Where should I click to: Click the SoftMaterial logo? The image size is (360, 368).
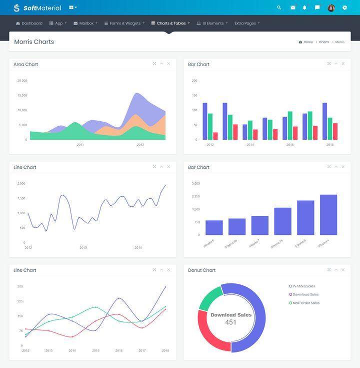coord(37,8)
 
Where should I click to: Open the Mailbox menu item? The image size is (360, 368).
coord(85,24)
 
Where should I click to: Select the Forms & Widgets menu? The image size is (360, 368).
coord(124,24)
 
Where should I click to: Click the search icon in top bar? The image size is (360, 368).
coord(279,8)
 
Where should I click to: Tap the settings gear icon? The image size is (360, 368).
coord(344,8)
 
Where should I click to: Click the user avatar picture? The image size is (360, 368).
coord(331,8)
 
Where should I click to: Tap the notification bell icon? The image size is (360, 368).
coord(304,8)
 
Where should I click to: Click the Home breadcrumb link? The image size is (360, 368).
coord(308,42)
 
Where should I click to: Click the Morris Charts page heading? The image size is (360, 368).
coord(34,42)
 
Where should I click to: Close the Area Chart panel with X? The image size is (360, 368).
coord(168,64)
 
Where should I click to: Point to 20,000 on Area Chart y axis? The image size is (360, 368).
coord(22,81)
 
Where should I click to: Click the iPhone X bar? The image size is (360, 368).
coord(328,214)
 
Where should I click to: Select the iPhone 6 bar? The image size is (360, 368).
coord(214,227)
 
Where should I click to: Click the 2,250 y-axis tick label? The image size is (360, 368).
coord(195,196)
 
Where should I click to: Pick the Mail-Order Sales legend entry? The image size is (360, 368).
coord(305,303)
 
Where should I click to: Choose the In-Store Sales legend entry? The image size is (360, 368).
coord(303,286)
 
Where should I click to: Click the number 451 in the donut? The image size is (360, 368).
coord(230,322)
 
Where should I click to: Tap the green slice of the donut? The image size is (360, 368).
coord(209,297)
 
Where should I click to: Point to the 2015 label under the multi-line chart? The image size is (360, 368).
coord(95,350)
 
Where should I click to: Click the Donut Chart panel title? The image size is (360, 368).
coord(201,270)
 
